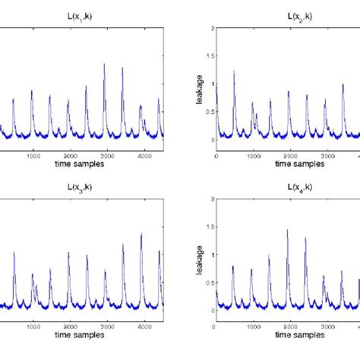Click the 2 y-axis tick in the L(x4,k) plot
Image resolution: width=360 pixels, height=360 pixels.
pos(210,199)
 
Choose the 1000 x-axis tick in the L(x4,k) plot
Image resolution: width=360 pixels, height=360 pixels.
pos(252,325)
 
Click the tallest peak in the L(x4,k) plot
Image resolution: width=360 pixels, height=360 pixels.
pos(287,230)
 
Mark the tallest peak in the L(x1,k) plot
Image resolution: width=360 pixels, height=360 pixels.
pos(104,65)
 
